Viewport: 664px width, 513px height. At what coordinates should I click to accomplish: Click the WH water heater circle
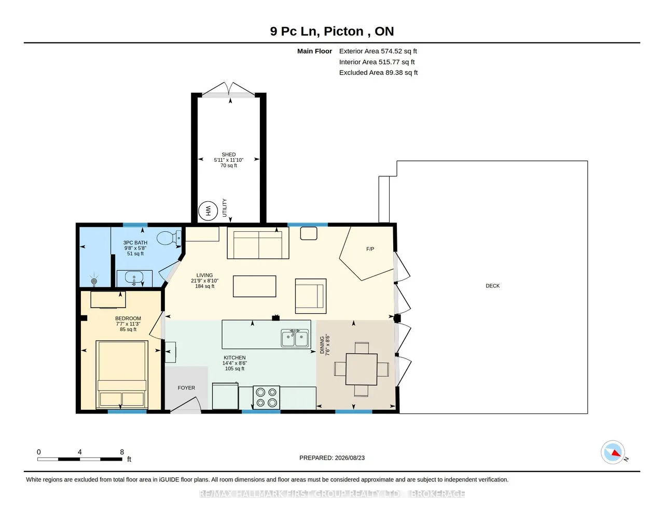(208, 211)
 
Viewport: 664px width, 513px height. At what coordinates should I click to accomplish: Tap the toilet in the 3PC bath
(169, 238)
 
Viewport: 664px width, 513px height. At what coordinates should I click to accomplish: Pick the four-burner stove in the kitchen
(266, 397)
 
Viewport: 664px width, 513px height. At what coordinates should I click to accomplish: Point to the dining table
(362, 369)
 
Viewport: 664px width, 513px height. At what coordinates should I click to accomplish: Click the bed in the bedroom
(122, 375)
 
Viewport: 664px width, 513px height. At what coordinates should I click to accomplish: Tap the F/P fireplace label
(370, 249)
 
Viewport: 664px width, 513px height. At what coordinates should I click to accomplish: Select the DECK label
(493, 286)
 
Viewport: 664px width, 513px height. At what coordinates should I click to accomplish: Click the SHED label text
(229, 154)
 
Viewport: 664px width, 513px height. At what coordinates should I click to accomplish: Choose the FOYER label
(186, 387)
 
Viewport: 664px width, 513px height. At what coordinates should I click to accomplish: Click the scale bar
(80, 459)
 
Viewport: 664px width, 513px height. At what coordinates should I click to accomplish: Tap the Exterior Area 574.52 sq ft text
(378, 51)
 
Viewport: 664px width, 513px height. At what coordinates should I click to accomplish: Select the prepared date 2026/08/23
(350, 457)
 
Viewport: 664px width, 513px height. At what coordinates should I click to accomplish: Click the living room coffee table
(255, 286)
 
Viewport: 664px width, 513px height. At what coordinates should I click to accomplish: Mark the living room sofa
(258, 243)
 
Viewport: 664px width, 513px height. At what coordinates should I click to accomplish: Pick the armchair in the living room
(311, 296)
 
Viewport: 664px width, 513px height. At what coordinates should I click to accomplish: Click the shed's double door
(229, 90)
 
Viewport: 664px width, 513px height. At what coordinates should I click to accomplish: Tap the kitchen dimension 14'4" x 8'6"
(234, 363)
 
